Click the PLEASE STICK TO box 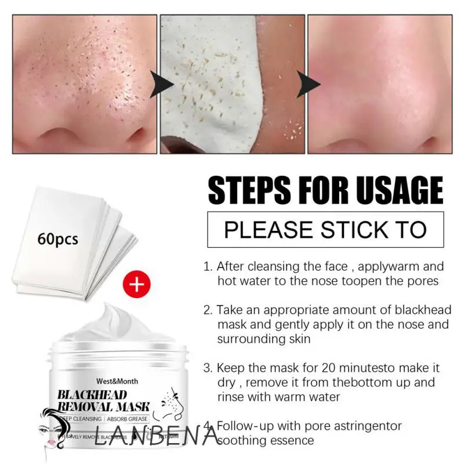(x=325, y=230)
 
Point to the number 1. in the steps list (x=208, y=267)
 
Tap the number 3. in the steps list (x=208, y=368)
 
